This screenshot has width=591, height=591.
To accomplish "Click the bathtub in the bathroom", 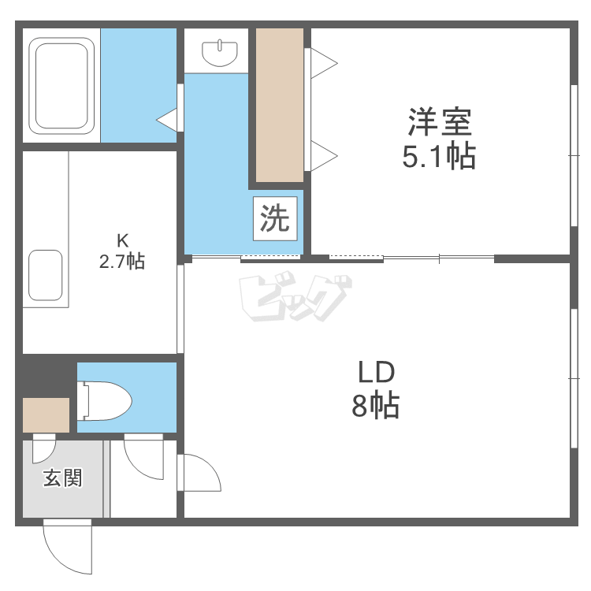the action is click(x=61, y=86).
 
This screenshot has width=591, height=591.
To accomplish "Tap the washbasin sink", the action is click(x=220, y=54).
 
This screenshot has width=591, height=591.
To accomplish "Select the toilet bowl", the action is click(x=104, y=400).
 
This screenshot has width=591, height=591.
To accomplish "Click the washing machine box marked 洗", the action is click(x=275, y=218).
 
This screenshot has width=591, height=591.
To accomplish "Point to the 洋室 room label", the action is click(x=440, y=121).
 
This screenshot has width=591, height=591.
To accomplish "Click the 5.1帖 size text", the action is click(x=439, y=156).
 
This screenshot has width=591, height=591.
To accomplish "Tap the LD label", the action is click(x=376, y=373).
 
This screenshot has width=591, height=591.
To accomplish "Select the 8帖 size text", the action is click(x=375, y=406).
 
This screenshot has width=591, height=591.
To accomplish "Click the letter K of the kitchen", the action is click(x=122, y=240).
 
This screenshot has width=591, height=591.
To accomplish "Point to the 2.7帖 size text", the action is click(x=121, y=261).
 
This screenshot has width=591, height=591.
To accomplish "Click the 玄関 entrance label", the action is click(x=62, y=478).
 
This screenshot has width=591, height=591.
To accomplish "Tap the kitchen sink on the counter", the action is click(x=45, y=275).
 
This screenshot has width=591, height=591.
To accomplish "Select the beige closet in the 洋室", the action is click(x=280, y=105).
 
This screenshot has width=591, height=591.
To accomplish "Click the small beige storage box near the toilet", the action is click(x=46, y=415).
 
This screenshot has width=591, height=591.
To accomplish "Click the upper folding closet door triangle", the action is click(x=323, y=63).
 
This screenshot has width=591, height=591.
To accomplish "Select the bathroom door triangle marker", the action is click(x=167, y=121).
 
